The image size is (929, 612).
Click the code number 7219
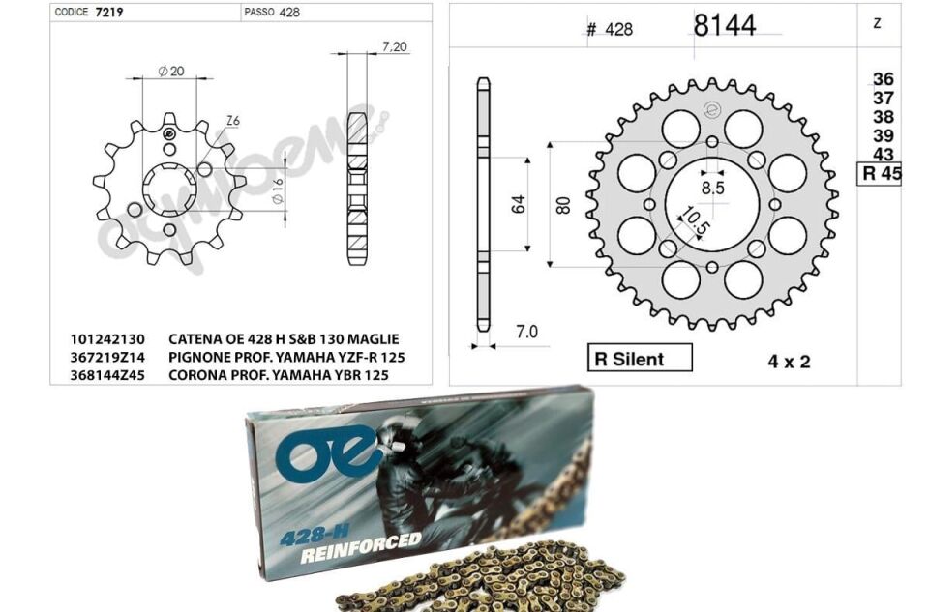(x=107, y=13)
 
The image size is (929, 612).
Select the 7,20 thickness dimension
(x=394, y=46)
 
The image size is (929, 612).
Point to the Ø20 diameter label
(x=171, y=71)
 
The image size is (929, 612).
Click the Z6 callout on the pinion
(x=232, y=120)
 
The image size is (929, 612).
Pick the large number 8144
(x=725, y=25)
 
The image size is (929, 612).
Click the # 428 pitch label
(x=609, y=29)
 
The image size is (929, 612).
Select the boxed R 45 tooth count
(x=881, y=174)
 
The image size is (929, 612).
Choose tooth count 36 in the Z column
(x=883, y=79)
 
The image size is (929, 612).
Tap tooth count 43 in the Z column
(x=883, y=155)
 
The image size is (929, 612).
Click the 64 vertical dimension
(x=519, y=205)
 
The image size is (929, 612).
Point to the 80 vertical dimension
(x=563, y=205)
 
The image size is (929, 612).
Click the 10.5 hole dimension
(x=696, y=221)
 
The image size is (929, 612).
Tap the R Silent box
(x=639, y=359)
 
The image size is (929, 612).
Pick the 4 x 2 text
(x=789, y=362)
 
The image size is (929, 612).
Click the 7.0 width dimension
(x=526, y=332)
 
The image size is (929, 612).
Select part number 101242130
(x=107, y=339)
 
